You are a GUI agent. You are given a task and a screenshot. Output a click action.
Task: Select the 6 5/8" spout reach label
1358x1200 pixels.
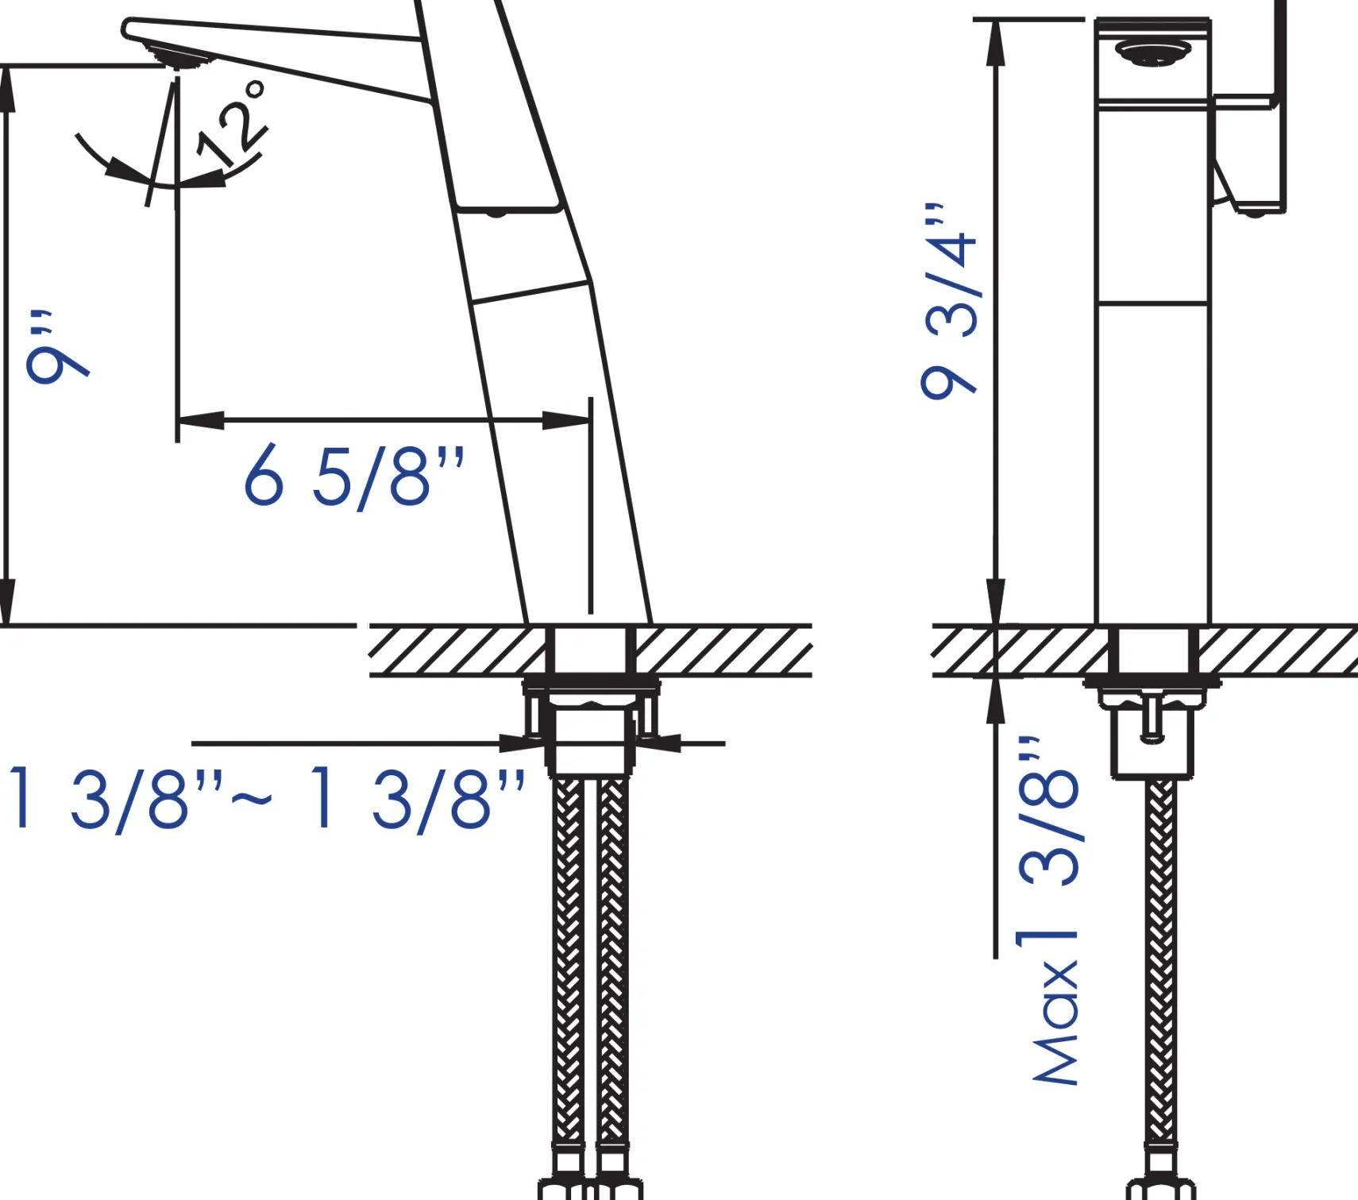pos(354,476)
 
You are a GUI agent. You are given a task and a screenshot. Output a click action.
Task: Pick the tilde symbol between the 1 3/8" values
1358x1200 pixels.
pos(252,797)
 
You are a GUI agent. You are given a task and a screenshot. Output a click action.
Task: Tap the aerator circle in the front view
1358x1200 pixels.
pos(1152,53)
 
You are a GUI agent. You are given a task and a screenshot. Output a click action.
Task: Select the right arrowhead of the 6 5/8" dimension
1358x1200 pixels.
pos(566,419)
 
